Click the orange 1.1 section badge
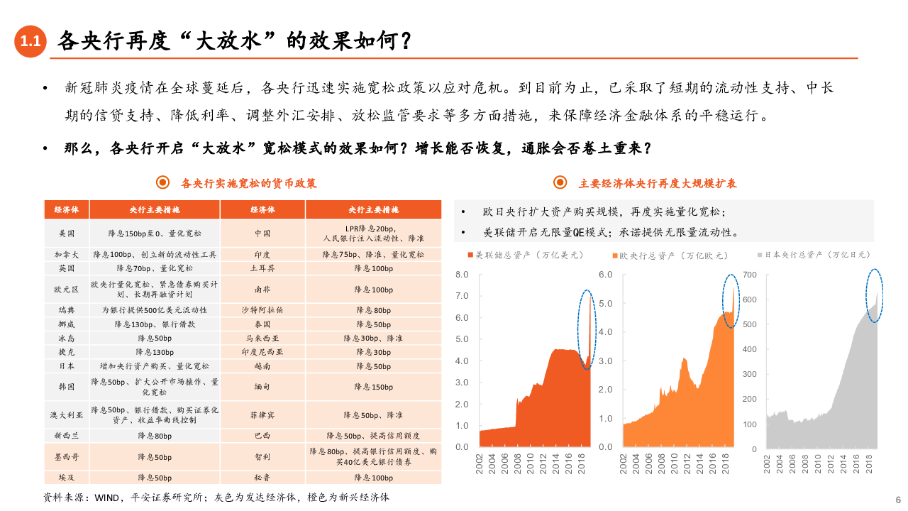click(31, 42)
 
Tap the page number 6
click(897, 499)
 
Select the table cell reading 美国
click(67, 233)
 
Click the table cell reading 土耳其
click(262, 268)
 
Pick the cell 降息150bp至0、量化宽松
click(155, 233)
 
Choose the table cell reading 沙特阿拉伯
click(262, 310)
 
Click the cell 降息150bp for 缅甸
click(373, 387)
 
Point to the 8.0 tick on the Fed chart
click(461, 274)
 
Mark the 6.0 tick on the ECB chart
click(605, 274)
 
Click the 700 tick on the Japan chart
click(750, 275)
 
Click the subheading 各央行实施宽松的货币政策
click(248, 183)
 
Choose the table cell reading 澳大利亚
click(67, 415)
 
